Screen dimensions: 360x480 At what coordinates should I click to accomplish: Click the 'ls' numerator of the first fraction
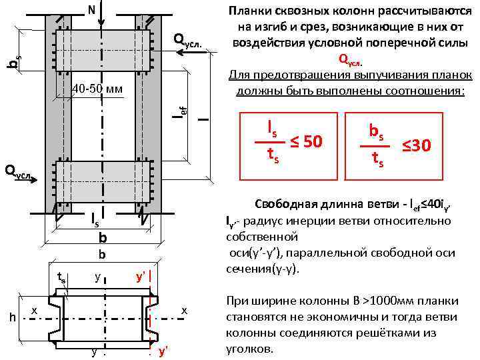pos(273,127)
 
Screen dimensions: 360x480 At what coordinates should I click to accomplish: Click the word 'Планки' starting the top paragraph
pos(249,11)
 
